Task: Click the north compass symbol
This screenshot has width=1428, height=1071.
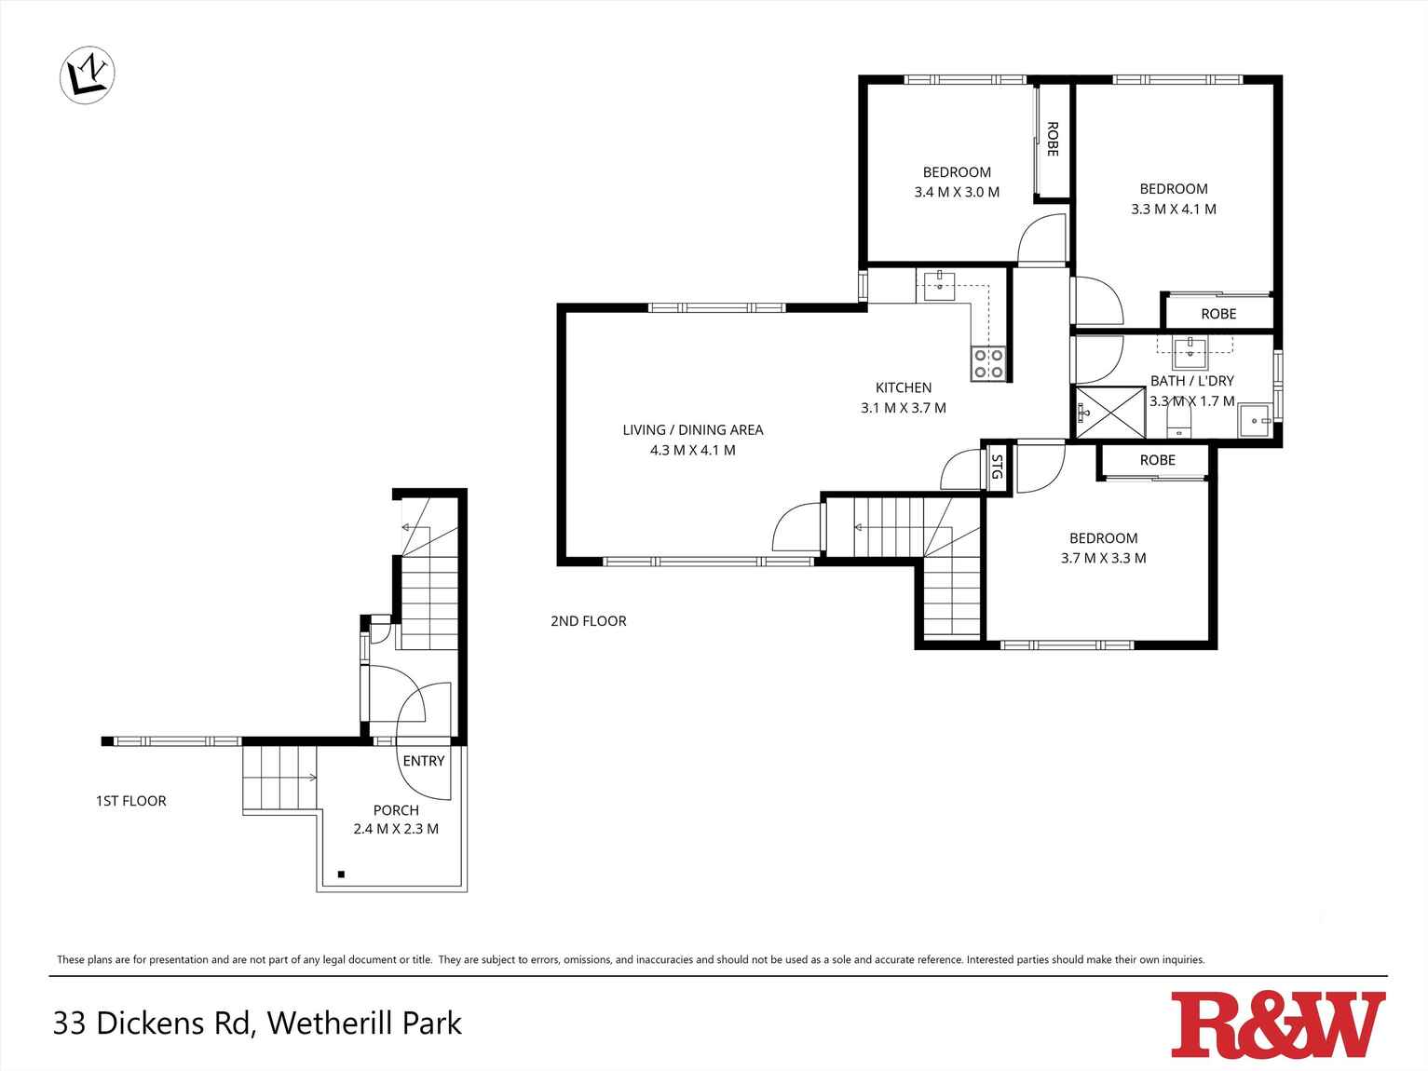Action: (x=88, y=75)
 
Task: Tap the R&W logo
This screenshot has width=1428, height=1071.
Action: (x=1278, y=1024)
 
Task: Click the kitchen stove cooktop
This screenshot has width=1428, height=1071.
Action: (x=988, y=363)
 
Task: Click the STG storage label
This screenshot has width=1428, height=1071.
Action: (x=996, y=466)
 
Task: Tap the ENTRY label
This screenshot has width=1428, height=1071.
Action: (x=424, y=761)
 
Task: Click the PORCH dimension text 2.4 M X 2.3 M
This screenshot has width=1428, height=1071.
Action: (x=396, y=829)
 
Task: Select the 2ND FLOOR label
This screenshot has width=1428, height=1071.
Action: (x=589, y=621)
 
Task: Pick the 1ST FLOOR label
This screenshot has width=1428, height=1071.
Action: (x=131, y=801)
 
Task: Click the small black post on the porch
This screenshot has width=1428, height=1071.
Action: (x=342, y=874)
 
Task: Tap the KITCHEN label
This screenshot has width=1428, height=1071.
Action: (x=904, y=387)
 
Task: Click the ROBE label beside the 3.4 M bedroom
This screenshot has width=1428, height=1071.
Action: (x=1053, y=139)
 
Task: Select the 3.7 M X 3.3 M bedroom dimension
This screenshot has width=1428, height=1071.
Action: (x=1103, y=559)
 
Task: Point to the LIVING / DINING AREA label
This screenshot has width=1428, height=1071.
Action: (x=693, y=430)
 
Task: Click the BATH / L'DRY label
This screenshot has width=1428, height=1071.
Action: (x=1192, y=381)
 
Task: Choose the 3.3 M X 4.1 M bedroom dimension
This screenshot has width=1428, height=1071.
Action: (x=1174, y=210)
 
